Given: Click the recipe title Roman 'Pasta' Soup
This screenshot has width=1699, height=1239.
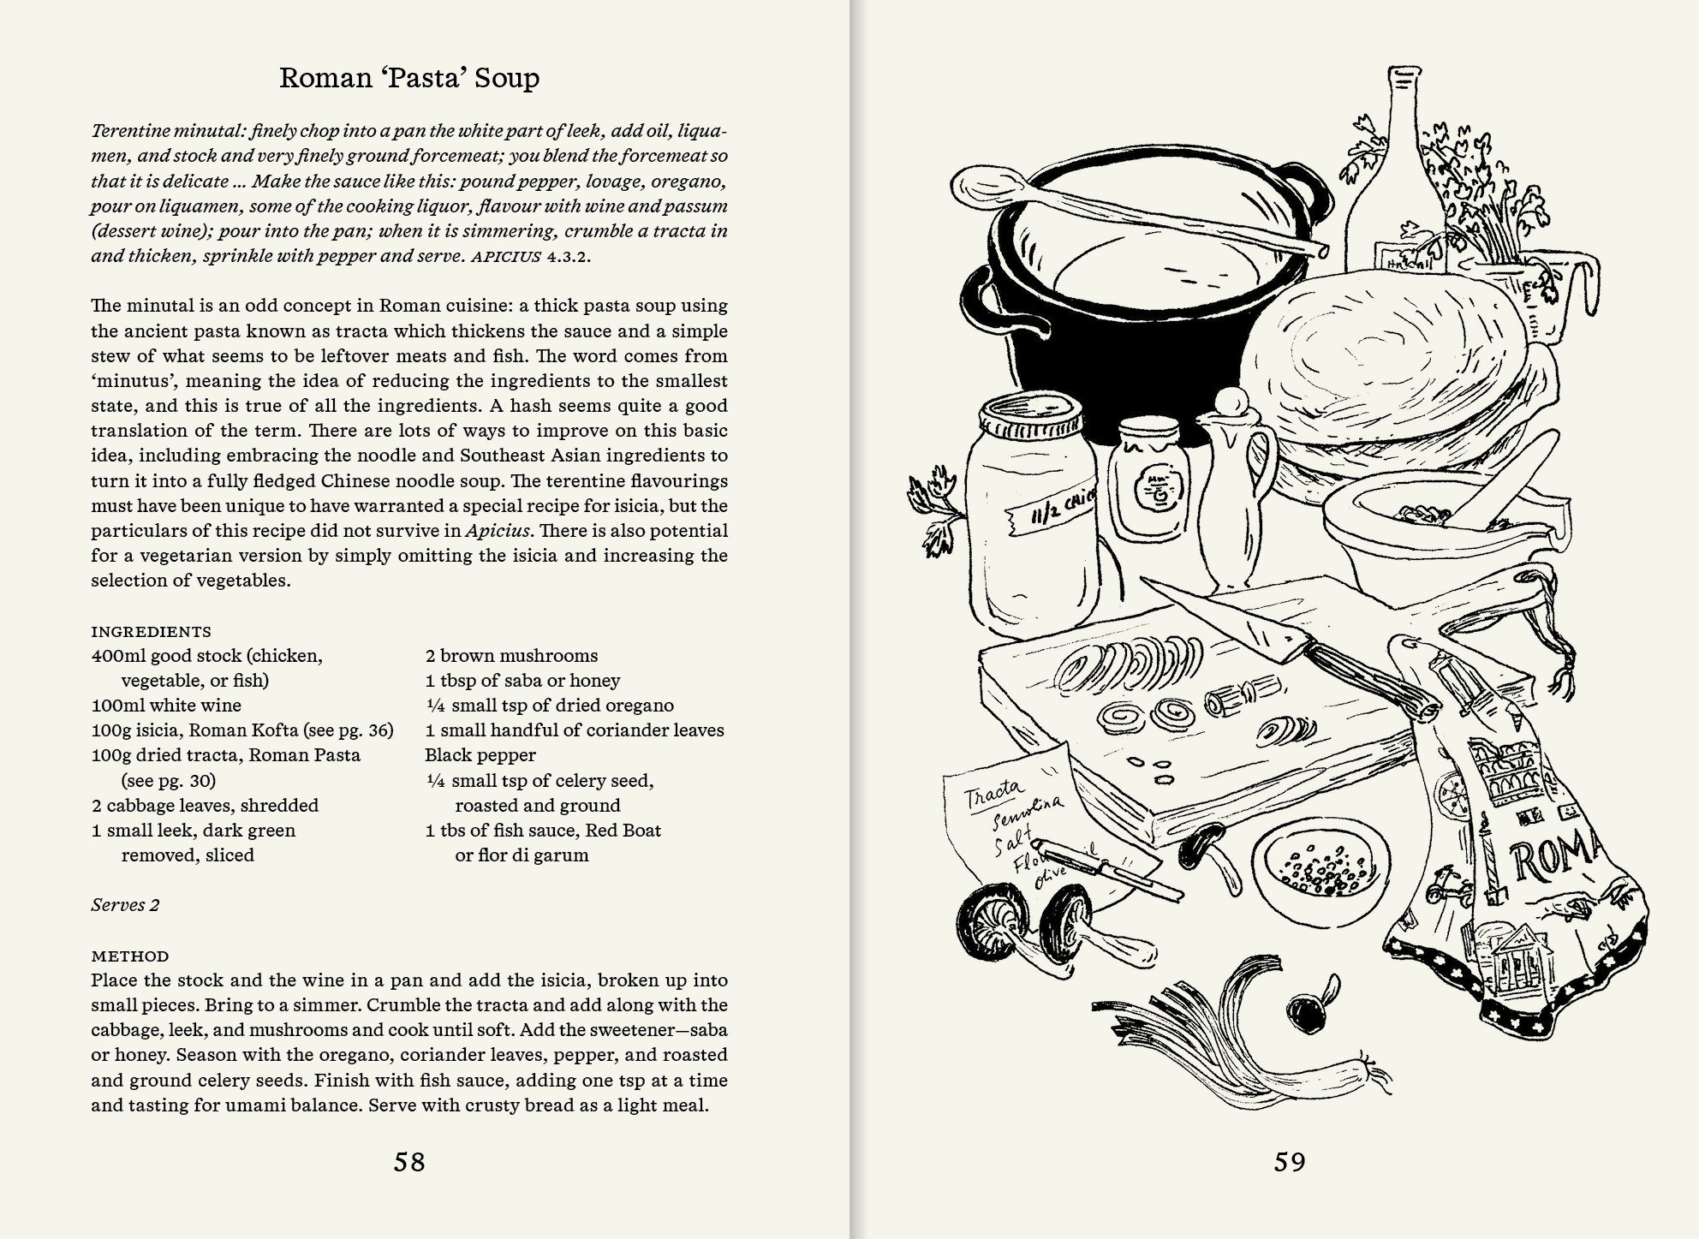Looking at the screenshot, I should (x=409, y=78).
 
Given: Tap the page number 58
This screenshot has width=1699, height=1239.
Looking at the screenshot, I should (x=409, y=1162).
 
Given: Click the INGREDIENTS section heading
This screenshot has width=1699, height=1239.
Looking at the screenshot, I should (x=151, y=632).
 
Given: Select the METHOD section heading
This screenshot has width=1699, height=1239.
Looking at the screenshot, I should (x=130, y=956).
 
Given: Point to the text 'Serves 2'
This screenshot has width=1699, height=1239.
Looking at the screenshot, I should (x=125, y=905).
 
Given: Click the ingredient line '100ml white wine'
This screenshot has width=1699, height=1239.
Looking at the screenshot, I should (x=166, y=706).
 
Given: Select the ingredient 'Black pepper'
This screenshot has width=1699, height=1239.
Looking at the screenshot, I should (x=480, y=755).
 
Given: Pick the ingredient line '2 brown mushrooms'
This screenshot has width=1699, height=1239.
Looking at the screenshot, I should (x=511, y=656).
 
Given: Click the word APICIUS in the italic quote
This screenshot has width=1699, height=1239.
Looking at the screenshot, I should (x=505, y=256).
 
